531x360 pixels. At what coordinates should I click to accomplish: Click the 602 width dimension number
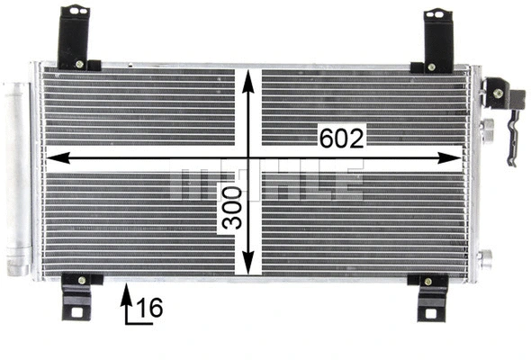coord(341,138)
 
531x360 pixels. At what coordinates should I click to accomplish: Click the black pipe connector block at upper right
coord(498,89)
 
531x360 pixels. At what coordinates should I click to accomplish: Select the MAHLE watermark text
coord(265,183)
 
